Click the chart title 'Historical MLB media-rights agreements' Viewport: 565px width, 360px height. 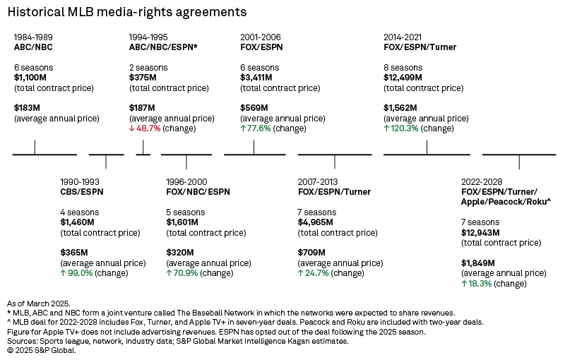(x=127, y=12)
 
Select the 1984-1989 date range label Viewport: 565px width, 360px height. (x=34, y=36)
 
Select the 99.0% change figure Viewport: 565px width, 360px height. (x=80, y=273)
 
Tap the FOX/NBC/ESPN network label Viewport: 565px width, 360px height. (x=198, y=191)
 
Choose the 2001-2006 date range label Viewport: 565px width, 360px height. (x=261, y=36)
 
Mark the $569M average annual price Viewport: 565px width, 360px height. (x=254, y=108)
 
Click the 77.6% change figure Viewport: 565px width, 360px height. (x=258, y=128)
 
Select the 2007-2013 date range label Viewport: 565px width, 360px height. (x=318, y=181)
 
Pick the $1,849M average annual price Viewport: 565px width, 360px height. (x=477, y=263)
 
